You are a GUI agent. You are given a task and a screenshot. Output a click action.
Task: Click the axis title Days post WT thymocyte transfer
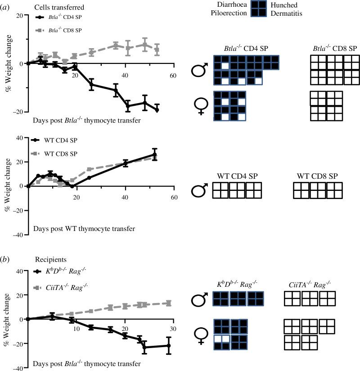pyautogui.click(x=84, y=229)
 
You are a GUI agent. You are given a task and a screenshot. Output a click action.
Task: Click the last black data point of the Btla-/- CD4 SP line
pyautogui.click(x=157, y=110)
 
